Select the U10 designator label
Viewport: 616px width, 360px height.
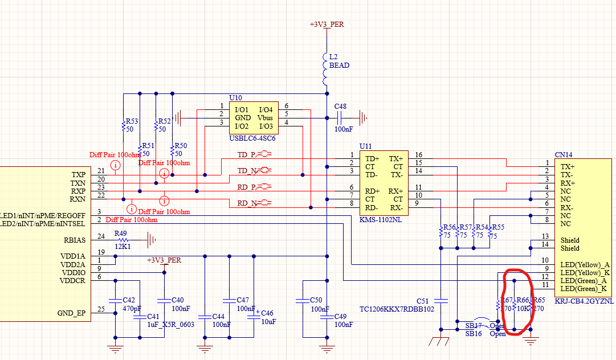point(235,98)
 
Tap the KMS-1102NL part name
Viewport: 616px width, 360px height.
point(381,219)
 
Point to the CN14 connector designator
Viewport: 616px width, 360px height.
point(564,155)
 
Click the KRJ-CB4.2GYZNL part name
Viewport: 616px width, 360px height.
point(584,300)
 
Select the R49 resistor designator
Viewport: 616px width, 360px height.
point(120,233)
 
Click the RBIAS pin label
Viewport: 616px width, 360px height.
point(75,240)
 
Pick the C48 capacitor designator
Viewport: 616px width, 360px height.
point(340,107)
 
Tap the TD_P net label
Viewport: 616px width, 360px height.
point(246,154)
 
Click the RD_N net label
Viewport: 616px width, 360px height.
point(246,203)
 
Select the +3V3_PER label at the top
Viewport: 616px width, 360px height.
point(327,24)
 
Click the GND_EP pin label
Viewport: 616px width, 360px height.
point(71,313)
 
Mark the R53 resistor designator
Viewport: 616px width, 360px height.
point(132,121)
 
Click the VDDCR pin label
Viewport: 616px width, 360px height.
point(73,281)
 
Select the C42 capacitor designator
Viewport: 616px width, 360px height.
point(129,300)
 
